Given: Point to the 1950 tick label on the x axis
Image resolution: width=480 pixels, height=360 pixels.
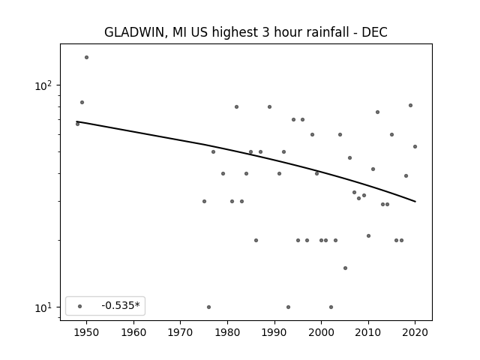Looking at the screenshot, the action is pos(86,332).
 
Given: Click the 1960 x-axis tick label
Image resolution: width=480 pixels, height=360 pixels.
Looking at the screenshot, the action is pos(133,332).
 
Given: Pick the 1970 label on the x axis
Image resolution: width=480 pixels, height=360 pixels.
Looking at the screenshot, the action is pos(180,332).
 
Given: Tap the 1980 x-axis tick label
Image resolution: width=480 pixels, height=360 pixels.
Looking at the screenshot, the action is pos(227,332).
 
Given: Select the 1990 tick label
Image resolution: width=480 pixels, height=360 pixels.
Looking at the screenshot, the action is pos(274,332).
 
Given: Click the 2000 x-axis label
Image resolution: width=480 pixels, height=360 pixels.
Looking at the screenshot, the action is pos(321,332).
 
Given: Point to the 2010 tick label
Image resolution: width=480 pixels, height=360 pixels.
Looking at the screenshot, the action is pos(368,332).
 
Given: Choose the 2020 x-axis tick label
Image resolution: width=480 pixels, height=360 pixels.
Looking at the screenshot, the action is pos(415,332).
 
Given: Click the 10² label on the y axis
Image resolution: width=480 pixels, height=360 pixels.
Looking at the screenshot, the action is pos(43,86).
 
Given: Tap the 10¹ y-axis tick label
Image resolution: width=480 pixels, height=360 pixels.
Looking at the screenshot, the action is pos(43,308).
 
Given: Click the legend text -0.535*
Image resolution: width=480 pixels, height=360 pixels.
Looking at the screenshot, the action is pos(121,305).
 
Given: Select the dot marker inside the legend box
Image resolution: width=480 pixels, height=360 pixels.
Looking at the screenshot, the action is pos(80,306).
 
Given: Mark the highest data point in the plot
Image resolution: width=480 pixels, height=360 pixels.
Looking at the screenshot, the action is pos(87,57).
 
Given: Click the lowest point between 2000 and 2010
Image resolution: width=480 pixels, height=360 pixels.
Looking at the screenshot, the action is pos(331,307).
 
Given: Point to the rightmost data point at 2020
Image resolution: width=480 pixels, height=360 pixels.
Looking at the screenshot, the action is pos(415,147).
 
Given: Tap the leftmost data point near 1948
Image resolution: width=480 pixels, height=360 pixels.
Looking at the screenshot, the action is pos(77,124).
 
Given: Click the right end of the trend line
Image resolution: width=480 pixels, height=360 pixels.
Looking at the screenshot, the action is pos(415,202).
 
